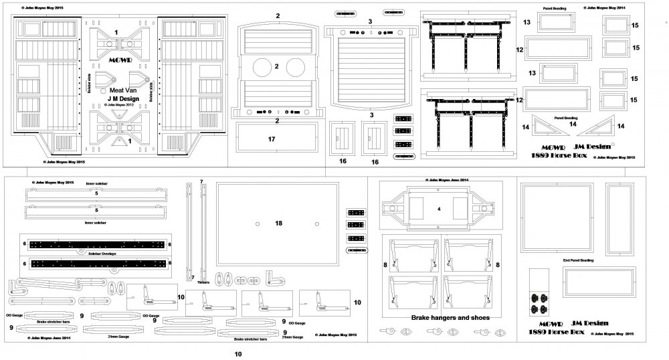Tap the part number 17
272,139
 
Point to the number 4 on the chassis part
439,209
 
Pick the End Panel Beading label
578,260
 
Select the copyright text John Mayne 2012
120,105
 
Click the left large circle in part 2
257,68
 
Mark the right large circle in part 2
296,68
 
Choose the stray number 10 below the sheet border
237,355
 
